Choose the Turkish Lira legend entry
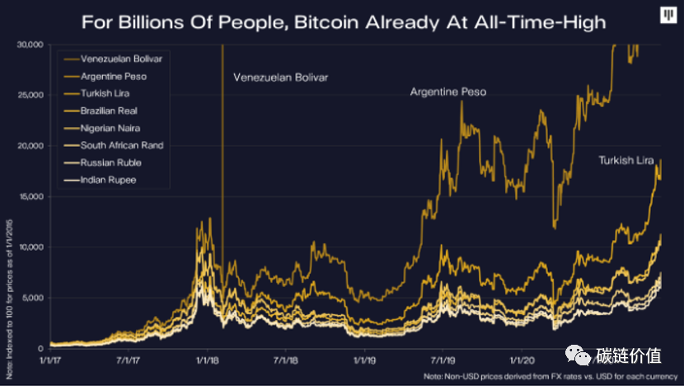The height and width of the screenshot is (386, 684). pyautogui.click(x=105, y=94)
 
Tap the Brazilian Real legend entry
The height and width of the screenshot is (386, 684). pyautogui.click(x=108, y=111)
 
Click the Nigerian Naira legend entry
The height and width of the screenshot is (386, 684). pyautogui.click(x=110, y=128)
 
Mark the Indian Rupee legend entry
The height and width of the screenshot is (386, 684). pyautogui.click(x=107, y=179)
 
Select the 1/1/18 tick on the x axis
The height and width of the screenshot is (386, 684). pyautogui.click(x=206, y=360)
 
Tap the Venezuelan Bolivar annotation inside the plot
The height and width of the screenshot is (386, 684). pyautogui.click(x=280, y=78)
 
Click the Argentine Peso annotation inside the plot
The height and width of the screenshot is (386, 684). pyautogui.click(x=448, y=92)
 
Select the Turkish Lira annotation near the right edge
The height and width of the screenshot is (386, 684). pyautogui.click(x=626, y=160)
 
